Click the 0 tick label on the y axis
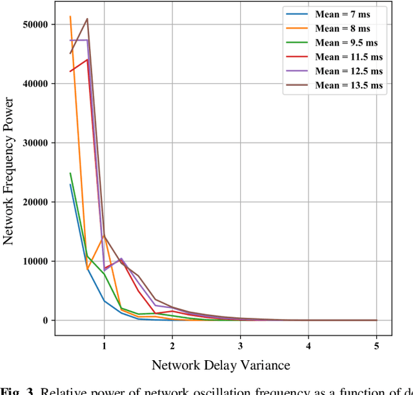coord(46,321)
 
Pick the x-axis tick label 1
coord(104,344)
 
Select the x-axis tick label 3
coord(240,344)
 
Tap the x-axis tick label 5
coord(376,344)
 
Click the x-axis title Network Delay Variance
coord(221,366)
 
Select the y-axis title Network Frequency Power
coord(9,172)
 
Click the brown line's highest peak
coord(87,19)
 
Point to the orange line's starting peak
coord(70,17)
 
